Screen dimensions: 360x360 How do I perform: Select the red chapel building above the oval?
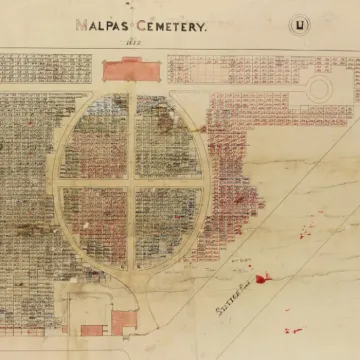[130, 71]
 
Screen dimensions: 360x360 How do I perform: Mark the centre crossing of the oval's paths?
[130, 184]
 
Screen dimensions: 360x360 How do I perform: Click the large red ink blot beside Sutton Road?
[263, 279]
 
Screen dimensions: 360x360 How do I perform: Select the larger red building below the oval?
[123, 320]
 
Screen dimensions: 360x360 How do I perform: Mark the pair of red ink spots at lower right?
[292, 329]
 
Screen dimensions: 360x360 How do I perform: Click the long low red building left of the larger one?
[91, 329]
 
